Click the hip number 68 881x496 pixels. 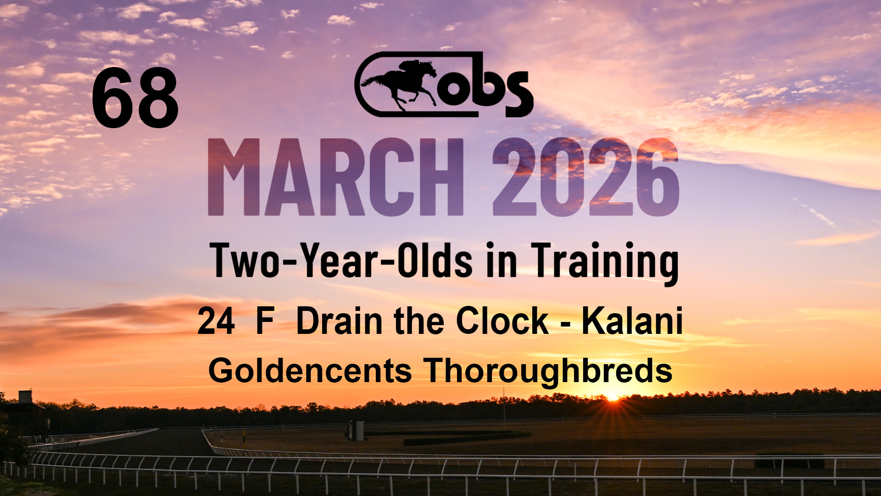pyautogui.click(x=135, y=98)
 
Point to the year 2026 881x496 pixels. pyautogui.click(x=586, y=177)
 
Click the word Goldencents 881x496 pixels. pyautogui.click(x=310, y=371)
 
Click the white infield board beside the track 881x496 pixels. pyautogui.click(x=356, y=430)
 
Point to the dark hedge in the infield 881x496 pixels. pyautogui.click(x=467, y=438)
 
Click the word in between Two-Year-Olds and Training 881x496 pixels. pyautogui.click(x=502, y=260)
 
